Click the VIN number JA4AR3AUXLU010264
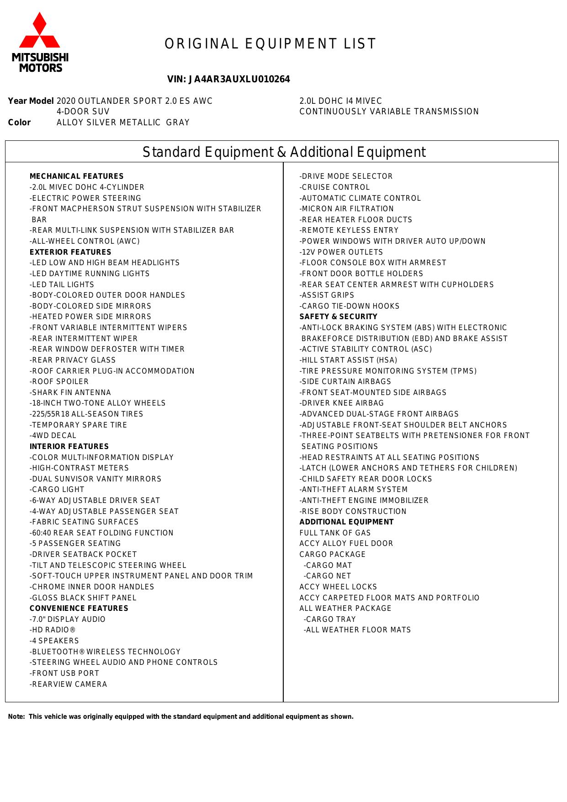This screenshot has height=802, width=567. [228, 80]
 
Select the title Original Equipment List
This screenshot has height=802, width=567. [270, 44]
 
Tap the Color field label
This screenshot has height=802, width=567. [20, 123]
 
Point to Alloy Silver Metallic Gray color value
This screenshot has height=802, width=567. [123, 123]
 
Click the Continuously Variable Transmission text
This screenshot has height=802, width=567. [389, 112]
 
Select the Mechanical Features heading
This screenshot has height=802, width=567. [76, 176]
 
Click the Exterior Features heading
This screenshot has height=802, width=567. [70, 252]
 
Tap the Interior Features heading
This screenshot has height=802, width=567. [69, 447]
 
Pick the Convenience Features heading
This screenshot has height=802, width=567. [79, 609]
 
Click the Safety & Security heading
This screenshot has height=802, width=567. [338, 317]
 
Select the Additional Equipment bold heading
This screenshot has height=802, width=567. [346, 522]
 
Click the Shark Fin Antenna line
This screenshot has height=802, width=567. [70, 393]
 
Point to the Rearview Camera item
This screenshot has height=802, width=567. [69, 684]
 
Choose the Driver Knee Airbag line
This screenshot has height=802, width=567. [342, 403]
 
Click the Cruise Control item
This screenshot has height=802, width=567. [334, 187]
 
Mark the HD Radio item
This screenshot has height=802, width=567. [53, 630]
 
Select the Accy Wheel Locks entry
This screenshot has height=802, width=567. [338, 587]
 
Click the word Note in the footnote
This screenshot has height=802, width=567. [16, 717]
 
